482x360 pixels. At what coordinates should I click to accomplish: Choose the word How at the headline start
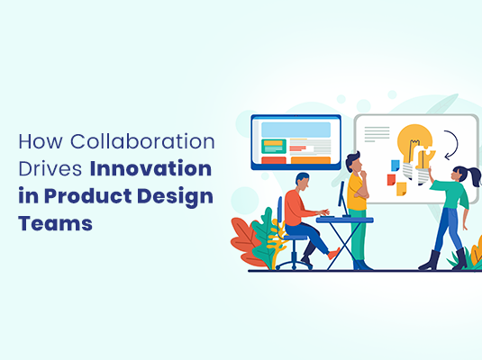point(39,142)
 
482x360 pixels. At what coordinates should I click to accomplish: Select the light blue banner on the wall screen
point(295,129)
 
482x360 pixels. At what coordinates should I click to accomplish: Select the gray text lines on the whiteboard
point(377,134)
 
